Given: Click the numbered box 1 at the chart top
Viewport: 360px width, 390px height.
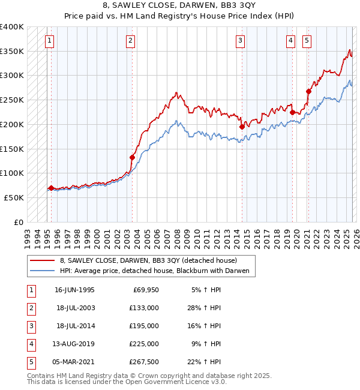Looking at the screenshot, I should click(x=49, y=41).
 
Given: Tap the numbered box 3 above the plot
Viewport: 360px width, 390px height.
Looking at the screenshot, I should click(x=240, y=41).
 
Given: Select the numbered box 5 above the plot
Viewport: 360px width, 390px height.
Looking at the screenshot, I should click(x=307, y=41).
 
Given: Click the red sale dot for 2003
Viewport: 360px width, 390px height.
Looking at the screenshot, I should click(x=132, y=157).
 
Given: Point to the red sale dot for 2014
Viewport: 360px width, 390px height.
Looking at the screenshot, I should click(x=242, y=127).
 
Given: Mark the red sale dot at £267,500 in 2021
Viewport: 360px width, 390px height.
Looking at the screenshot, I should click(x=308, y=91).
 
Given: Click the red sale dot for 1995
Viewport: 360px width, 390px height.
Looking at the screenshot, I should click(x=51, y=188).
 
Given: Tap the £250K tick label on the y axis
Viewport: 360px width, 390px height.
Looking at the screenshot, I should click(x=12, y=100).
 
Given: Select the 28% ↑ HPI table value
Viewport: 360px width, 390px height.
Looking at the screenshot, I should click(x=203, y=308).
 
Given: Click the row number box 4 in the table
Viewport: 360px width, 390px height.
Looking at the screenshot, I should click(x=31, y=344).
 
